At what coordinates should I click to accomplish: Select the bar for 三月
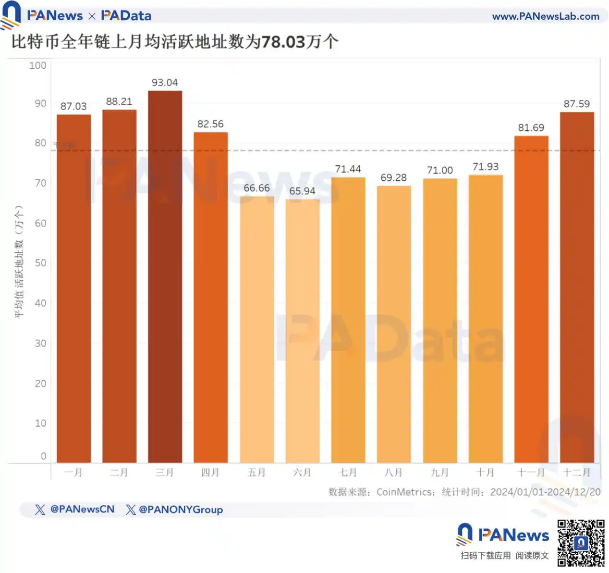[x=165, y=276]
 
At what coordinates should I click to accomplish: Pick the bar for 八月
[x=394, y=324]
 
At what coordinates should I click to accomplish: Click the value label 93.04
[x=165, y=83]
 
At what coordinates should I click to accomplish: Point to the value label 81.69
[x=531, y=128]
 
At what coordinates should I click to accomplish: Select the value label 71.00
[x=439, y=171]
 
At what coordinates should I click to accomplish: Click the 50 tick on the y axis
[x=40, y=263]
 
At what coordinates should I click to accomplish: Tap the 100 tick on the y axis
[x=37, y=65]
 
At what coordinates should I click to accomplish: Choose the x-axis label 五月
[x=256, y=473]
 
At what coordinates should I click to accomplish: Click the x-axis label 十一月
[x=531, y=473]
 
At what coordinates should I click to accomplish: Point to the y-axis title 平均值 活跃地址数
[x=19, y=262]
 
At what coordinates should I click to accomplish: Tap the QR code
[x=581, y=543]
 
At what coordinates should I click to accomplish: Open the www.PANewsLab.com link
[x=546, y=16]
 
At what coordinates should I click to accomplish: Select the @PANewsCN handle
[x=82, y=509]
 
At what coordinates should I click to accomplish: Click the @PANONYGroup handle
[x=181, y=510]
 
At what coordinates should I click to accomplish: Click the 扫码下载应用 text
[x=486, y=556]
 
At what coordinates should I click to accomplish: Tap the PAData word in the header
[x=126, y=16]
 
